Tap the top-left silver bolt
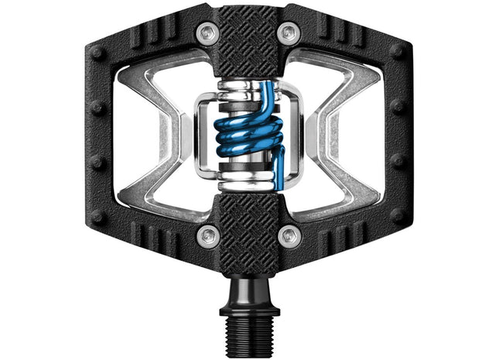pos(207,33)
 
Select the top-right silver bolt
pos(289,33)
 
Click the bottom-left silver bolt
pos(207,235)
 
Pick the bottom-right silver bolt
pos(289,235)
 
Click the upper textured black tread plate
pos(248,43)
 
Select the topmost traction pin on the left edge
pos(97,54)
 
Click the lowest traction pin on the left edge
pos(97,218)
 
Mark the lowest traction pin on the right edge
pos(397,218)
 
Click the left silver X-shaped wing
pos(159,135)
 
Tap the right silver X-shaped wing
pos(338,135)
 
